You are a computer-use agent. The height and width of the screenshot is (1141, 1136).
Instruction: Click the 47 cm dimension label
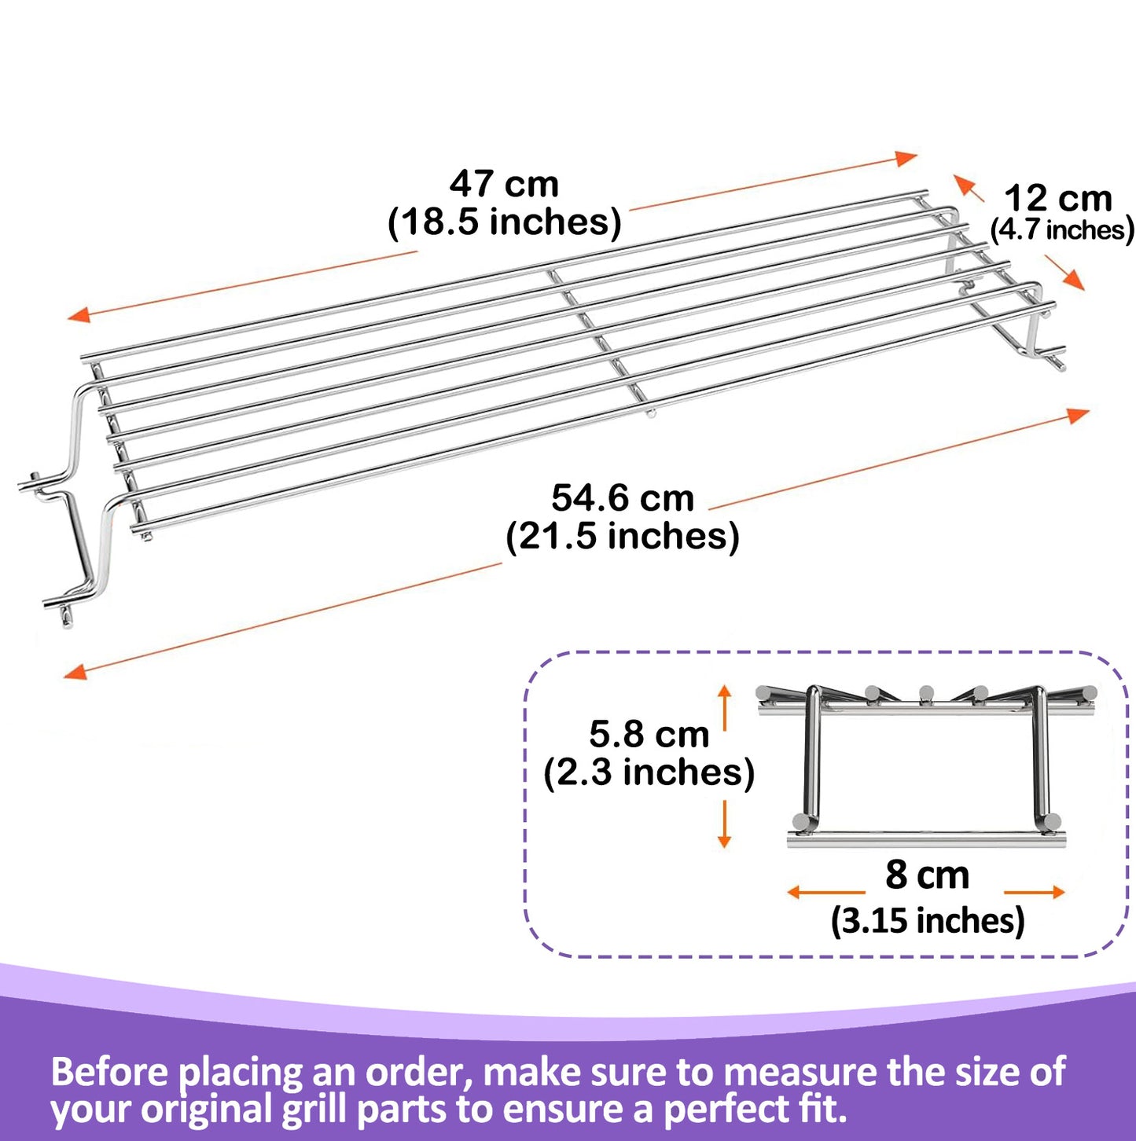[x=504, y=185]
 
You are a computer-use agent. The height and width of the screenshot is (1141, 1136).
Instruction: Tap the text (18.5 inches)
[x=504, y=222]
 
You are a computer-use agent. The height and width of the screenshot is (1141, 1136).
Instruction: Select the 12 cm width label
[x=1058, y=198]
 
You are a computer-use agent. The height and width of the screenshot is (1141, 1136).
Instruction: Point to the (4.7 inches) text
[x=1061, y=230]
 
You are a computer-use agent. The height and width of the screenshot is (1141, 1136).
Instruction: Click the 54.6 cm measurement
[x=623, y=498]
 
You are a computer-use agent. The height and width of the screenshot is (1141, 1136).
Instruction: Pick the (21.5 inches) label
[x=623, y=537]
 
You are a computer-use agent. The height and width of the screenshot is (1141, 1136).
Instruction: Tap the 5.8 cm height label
[x=649, y=735]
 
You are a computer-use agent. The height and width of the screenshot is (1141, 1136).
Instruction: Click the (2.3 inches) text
[x=649, y=772]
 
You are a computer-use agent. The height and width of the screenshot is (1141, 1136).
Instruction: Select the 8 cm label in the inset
[x=927, y=875]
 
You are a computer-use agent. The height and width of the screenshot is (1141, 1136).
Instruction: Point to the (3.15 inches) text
[x=928, y=921]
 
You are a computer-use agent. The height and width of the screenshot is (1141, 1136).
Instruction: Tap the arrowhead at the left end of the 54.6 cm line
[x=75, y=672]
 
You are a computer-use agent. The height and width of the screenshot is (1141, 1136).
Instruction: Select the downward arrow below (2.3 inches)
[x=725, y=840]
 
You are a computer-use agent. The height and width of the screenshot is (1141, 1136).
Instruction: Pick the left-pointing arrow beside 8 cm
[x=796, y=892]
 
